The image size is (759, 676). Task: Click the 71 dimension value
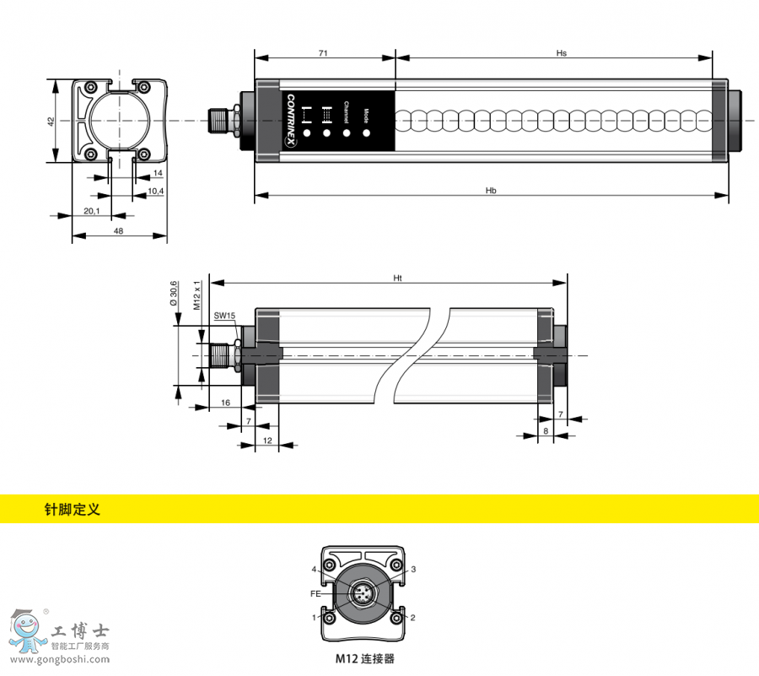[323, 53]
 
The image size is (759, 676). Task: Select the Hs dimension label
[561, 53]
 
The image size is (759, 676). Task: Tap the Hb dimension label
[491, 192]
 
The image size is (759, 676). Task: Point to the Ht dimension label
[397, 278]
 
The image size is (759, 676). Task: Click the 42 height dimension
[51, 122]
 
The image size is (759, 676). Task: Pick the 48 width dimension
[118, 230]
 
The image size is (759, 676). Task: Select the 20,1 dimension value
[92, 210]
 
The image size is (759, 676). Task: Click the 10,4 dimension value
[155, 192]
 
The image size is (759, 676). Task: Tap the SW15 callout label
[224, 316]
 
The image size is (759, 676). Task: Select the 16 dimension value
[225, 403]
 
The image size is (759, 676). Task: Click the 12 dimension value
[266, 441]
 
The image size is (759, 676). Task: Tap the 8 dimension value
[546, 431]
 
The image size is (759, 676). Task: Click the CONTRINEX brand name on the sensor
[292, 117]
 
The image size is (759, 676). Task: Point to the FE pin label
[315, 592]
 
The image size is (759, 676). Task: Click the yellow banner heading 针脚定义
[72, 510]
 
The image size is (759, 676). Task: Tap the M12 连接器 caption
[364, 657]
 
